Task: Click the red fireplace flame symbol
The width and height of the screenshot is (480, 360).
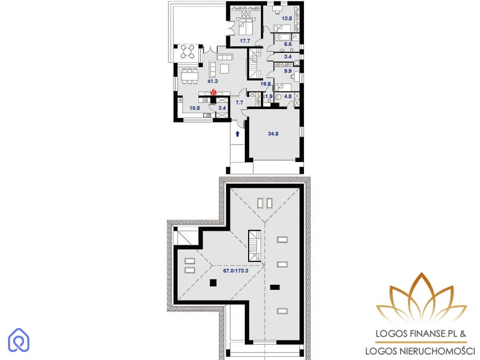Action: [x=213, y=92]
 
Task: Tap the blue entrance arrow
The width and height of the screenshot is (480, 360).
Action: [x=237, y=134]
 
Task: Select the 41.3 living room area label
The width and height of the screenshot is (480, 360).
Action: [x=212, y=81]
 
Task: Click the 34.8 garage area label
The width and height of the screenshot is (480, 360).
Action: [x=273, y=133]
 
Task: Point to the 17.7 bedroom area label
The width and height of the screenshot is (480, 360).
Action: [x=245, y=41]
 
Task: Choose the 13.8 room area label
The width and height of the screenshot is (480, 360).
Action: [x=287, y=18]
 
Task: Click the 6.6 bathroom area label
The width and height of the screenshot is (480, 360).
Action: [x=288, y=44]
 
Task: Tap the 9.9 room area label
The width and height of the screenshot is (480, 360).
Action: [x=288, y=71]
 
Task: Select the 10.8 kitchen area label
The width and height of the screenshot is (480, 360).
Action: [x=195, y=108]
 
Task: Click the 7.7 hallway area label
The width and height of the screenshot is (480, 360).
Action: [x=239, y=102]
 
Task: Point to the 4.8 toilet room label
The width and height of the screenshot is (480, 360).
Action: [x=288, y=96]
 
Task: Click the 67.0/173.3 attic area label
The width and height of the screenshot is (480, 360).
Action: [x=236, y=270]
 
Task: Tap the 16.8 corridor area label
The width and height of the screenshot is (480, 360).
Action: [x=266, y=84]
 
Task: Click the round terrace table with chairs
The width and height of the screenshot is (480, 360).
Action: [x=187, y=52]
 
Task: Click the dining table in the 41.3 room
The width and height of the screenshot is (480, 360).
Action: [x=190, y=76]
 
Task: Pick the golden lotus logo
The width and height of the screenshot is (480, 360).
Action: [x=421, y=298]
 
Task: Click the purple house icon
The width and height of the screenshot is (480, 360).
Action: [x=19, y=340]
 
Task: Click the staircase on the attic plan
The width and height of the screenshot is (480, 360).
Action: [x=255, y=246]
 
